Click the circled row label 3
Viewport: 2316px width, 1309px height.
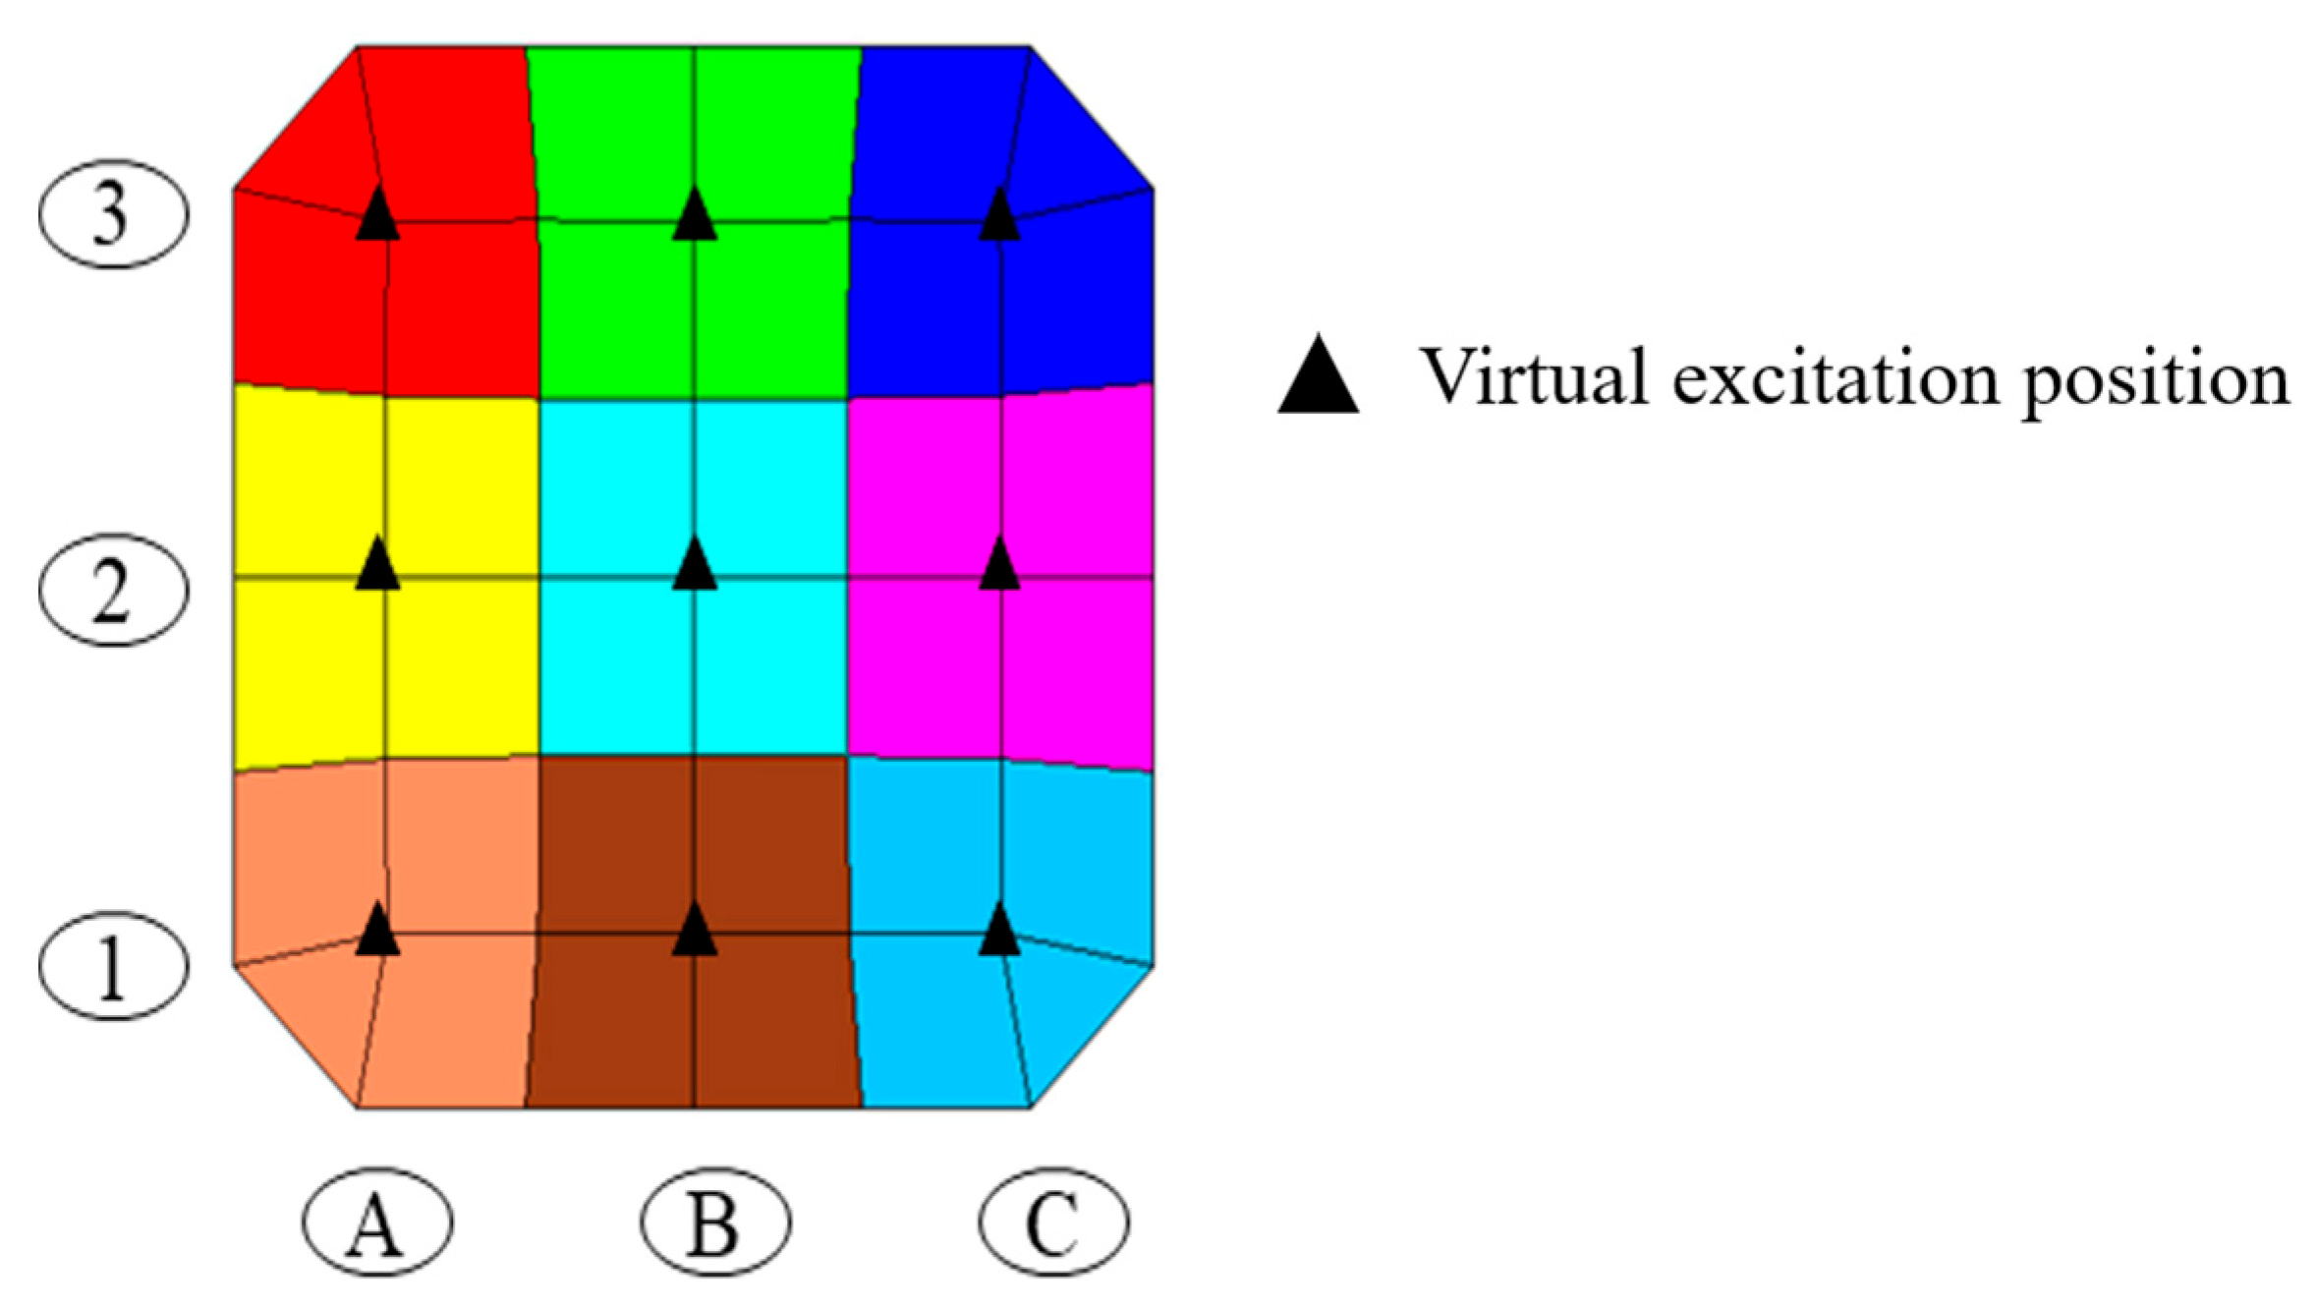[x=113, y=214]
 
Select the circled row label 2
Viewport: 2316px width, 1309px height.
[x=113, y=591]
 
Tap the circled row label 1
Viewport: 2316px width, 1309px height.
[x=113, y=966]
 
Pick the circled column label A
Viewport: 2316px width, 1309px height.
[x=377, y=1223]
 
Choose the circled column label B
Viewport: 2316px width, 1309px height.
[x=715, y=1223]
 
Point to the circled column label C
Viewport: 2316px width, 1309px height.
[x=1053, y=1223]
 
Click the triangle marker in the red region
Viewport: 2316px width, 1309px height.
[x=377, y=216]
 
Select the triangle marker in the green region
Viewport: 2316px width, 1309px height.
[x=695, y=216]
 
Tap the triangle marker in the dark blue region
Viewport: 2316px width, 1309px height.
[x=1000, y=216]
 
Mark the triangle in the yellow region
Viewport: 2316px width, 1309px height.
[x=377, y=566]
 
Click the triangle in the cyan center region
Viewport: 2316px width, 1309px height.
[x=695, y=566]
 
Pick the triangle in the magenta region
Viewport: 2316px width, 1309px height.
[x=1000, y=566]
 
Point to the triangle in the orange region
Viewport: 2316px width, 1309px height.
[x=377, y=932]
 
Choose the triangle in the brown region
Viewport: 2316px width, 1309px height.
[x=695, y=932]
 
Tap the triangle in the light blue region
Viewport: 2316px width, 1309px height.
[x=1000, y=932]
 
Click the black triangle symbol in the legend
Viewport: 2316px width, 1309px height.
[x=1318, y=377]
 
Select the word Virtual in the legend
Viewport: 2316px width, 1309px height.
[x=1533, y=377]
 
